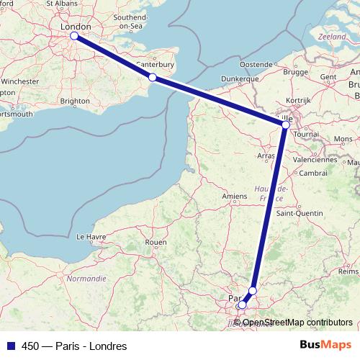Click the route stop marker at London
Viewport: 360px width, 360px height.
[x=74, y=35]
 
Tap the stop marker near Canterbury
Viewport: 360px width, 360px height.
[x=152, y=77]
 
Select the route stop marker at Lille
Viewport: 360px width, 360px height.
[x=286, y=125]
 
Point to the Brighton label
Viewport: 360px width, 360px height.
[x=75, y=102]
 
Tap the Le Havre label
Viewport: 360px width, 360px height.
[x=91, y=236]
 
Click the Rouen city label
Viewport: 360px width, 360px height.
[x=156, y=243]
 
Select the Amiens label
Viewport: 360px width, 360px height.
[x=235, y=196]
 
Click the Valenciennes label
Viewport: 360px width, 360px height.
[x=315, y=160]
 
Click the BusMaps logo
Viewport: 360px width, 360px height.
[x=325, y=346]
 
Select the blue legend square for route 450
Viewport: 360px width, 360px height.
[x=9, y=346]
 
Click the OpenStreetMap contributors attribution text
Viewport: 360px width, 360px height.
[x=297, y=323]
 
